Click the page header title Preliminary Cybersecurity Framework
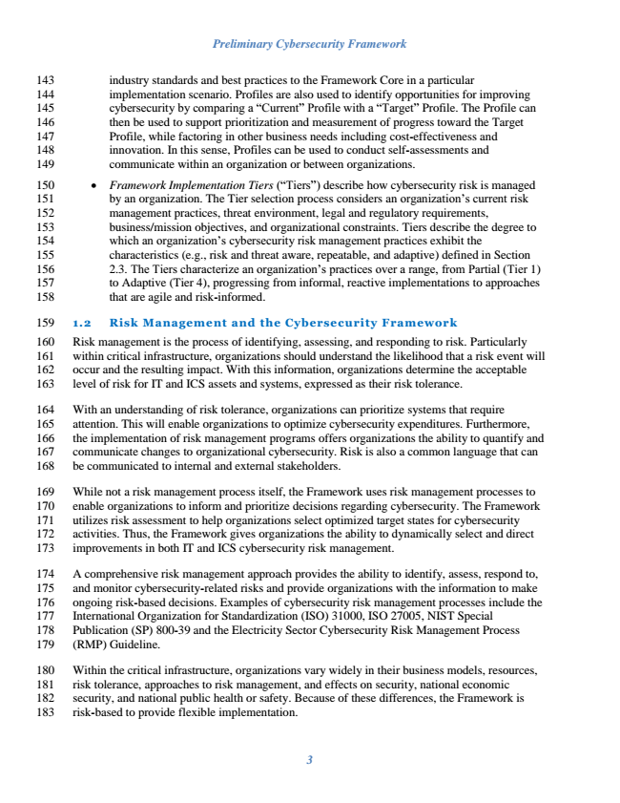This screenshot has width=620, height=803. tap(310, 44)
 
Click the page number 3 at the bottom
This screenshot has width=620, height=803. tap(310, 760)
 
